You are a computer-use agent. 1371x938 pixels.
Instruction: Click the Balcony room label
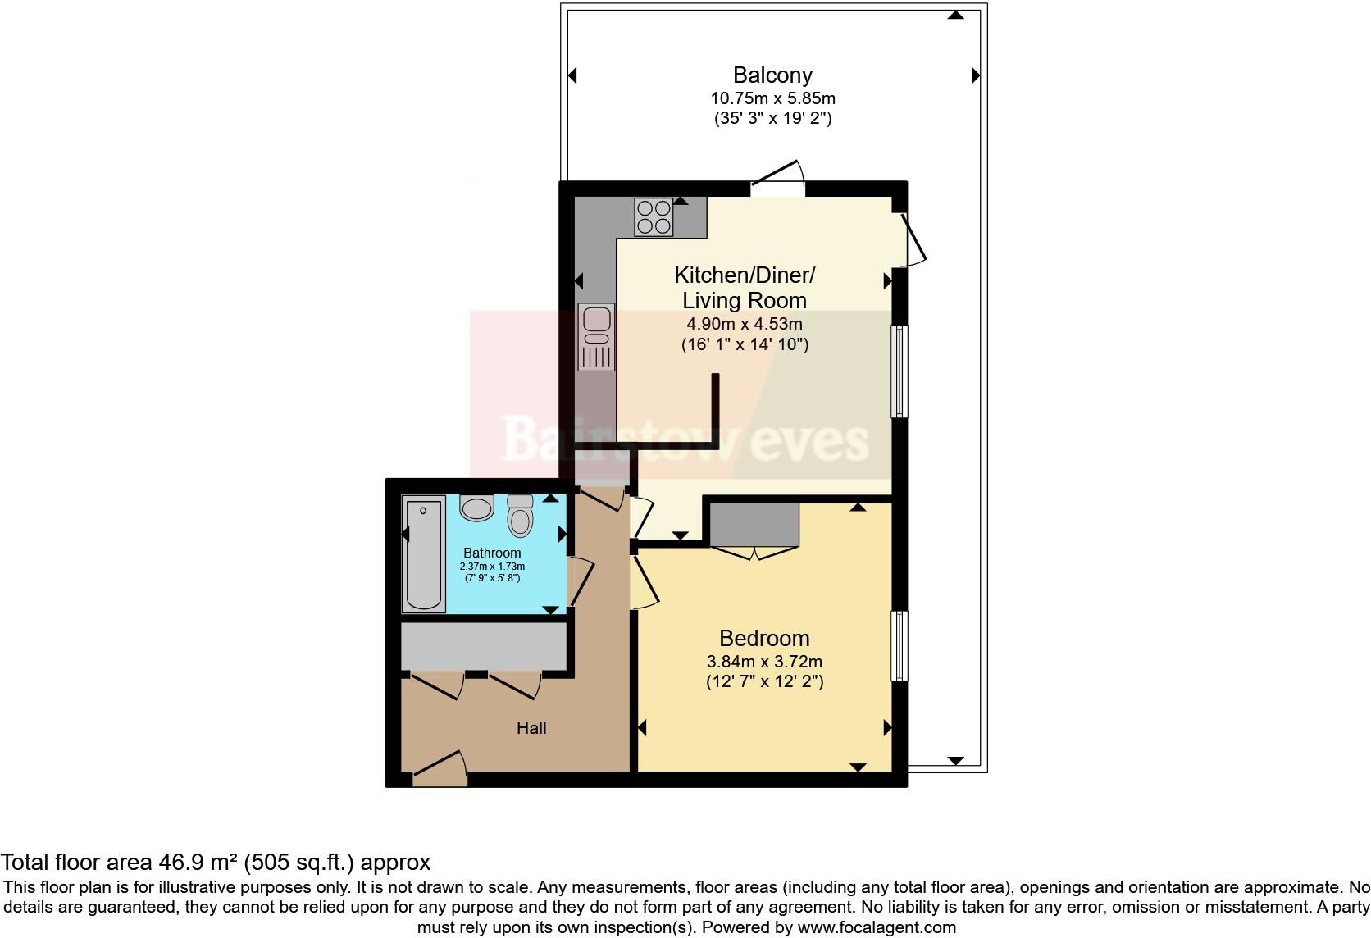772,75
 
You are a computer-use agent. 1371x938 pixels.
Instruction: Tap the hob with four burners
654,216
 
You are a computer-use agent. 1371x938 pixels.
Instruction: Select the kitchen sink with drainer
596,336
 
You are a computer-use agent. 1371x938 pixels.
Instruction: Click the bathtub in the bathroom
423,554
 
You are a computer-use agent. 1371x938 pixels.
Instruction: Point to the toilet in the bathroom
520,516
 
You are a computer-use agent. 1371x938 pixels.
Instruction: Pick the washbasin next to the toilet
476,508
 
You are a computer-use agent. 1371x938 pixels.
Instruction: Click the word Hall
531,728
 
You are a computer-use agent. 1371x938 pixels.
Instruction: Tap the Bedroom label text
764,638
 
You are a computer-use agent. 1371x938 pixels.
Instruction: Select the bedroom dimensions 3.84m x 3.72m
764,661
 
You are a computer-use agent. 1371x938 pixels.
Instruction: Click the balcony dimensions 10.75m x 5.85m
772,98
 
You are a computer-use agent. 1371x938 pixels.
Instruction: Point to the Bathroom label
492,553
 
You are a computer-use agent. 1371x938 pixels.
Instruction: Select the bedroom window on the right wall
899,645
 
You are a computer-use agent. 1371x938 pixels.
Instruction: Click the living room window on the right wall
899,371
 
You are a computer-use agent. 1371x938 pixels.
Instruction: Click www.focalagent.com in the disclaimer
877,927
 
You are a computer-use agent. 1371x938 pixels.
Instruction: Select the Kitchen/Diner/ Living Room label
745,287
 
